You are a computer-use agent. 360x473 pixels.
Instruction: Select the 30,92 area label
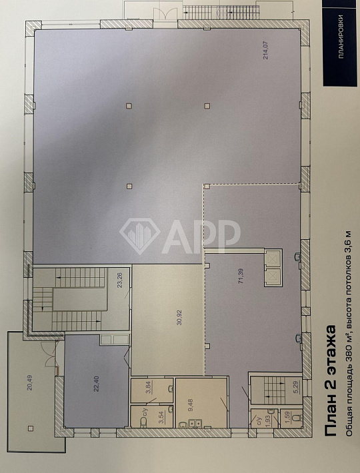[160, 317]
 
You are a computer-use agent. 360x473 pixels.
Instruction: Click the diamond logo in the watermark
[140, 234]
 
